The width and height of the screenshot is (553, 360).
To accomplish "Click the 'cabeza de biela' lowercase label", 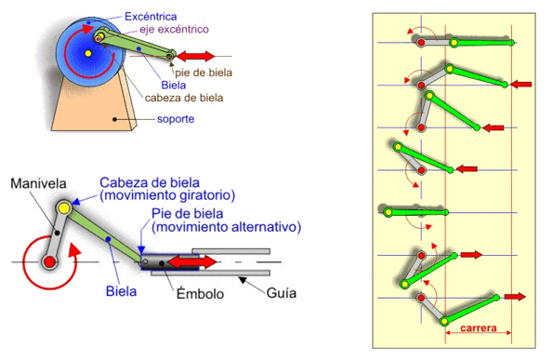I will coord(185,96).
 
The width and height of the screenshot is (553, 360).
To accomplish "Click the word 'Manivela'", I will coord(37,184).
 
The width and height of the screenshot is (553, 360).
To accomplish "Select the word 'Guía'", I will coord(281,293).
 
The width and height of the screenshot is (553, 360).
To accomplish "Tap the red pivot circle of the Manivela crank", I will coord(49,262).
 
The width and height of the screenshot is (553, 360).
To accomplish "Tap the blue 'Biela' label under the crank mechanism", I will coord(120,292).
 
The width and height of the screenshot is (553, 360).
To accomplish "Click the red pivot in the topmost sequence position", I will coord(421,43).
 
